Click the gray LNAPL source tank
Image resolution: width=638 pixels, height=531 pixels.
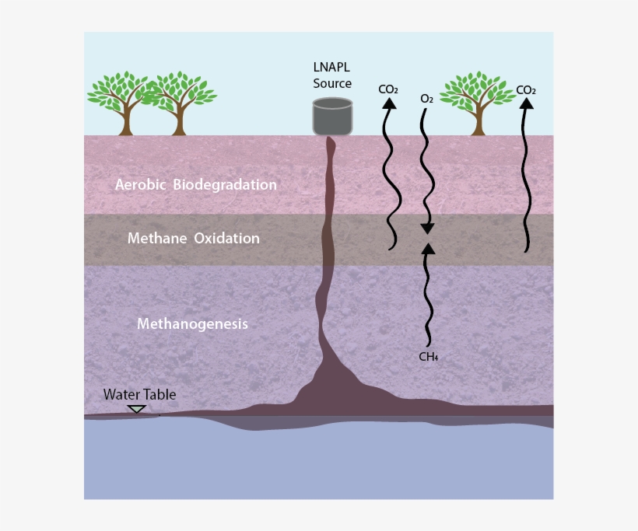[332, 117]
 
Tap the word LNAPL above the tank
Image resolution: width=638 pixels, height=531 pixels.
[331, 67]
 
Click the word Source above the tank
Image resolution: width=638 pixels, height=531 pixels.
[332, 83]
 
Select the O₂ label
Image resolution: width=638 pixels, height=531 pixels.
[427, 99]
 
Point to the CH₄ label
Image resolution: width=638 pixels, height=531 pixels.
[429, 357]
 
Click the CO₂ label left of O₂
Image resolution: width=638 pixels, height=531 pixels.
[388, 89]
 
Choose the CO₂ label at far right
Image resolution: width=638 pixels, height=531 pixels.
[526, 90]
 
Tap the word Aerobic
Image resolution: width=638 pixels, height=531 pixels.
[140, 184]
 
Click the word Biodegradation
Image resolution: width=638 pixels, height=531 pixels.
[225, 185]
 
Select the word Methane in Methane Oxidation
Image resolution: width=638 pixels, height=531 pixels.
[157, 238]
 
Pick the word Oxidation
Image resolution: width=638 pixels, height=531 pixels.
[226, 238]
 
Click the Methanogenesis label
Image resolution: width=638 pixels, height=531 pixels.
[192, 324]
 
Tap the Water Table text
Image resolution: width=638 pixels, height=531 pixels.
[139, 394]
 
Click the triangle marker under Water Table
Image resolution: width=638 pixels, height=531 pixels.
[136, 409]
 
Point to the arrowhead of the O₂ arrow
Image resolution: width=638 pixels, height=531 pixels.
[427, 229]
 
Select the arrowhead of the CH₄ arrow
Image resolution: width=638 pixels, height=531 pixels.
[428, 249]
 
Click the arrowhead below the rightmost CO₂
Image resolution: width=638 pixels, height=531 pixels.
[527, 103]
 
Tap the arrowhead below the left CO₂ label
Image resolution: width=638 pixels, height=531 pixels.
[389, 103]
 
